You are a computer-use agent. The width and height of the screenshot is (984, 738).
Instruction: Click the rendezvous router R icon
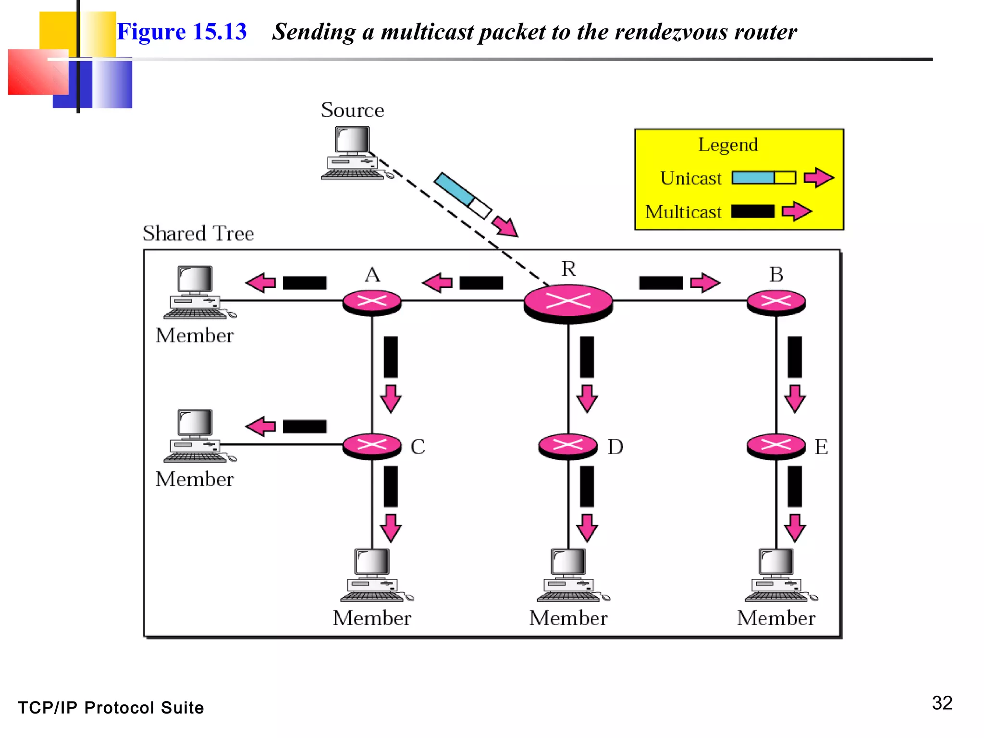pyautogui.click(x=568, y=303)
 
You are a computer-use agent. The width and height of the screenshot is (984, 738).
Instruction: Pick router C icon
pyautogui.click(x=372, y=446)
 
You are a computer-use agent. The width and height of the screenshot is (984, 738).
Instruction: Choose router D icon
pyautogui.click(x=568, y=446)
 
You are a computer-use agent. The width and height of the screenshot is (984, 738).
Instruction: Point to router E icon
pyautogui.click(x=775, y=446)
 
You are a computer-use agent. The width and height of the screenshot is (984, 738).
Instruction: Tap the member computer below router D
pyautogui.click(x=569, y=575)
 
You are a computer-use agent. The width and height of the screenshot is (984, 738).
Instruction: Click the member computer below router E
pyautogui.click(x=777, y=575)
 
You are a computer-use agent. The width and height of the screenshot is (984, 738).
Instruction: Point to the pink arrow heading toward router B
pyautogui.click(x=705, y=283)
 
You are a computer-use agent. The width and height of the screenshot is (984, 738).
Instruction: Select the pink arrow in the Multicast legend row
pyautogui.click(x=797, y=211)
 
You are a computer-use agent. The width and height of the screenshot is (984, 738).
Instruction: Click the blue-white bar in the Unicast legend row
pyautogui.click(x=763, y=178)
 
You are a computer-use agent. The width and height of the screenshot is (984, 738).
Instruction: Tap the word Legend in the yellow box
pyautogui.click(x=727, y=145)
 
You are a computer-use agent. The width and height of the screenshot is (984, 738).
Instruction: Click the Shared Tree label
pyautogui.click(x=198, y=234)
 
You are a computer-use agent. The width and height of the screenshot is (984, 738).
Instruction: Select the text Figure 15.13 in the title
pyautogui.click(x=182, y=32)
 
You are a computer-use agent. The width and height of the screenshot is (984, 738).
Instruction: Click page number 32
pyautogui.click(x=942, y=703)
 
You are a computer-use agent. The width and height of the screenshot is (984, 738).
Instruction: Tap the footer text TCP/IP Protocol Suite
pyautogui.click(x=111, y=708)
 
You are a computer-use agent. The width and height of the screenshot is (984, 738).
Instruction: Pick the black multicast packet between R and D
pyautogui.click(x=587, y=357)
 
